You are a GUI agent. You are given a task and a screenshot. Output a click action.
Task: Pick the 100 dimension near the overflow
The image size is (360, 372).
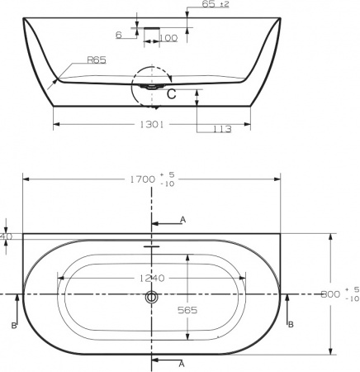click(x=169, y=38)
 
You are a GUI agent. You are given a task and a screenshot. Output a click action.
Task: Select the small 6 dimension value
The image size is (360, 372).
click(x=119, y=34)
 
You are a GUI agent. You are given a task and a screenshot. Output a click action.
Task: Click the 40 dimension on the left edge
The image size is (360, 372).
click(x=7, y=236)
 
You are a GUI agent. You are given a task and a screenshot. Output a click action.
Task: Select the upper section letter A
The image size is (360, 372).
click(x=182, y=220)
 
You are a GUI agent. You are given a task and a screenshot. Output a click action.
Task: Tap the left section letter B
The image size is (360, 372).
click(x=15, y=326)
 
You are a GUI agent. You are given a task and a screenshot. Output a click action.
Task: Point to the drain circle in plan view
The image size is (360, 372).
click(x=152, y=296)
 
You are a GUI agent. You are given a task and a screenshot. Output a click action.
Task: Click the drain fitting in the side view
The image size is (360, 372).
click(x=153, y=83)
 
